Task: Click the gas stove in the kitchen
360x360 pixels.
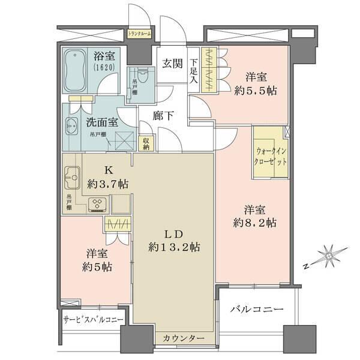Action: click(x=97, y=205)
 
